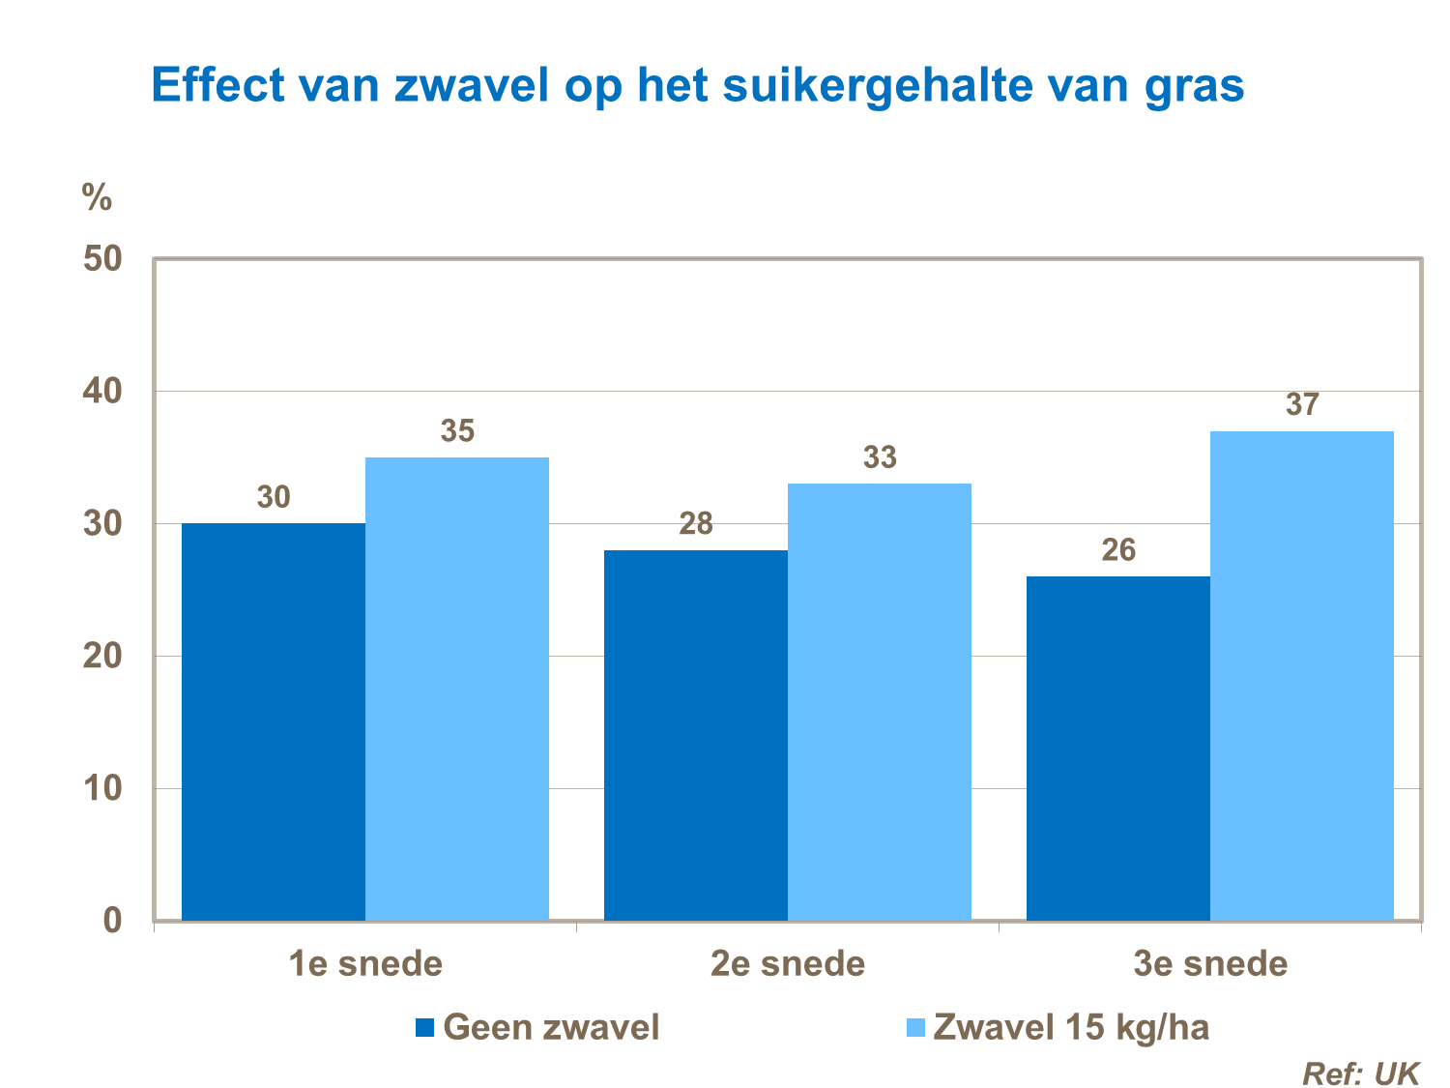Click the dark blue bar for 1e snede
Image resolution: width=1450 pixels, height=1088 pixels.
(x=274, y=721)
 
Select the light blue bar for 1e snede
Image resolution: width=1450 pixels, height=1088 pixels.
(x=457, y=689)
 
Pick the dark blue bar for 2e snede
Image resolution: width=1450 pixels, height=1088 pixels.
(x=696, y=735)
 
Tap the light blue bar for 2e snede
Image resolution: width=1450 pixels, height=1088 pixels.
(x=880, y=702)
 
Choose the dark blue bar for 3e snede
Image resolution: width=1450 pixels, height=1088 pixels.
(x=1118, y=748)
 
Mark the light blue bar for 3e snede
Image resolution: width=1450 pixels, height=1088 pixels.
(x=1302, y=675)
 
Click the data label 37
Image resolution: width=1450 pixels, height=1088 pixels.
(x=1302, y=404)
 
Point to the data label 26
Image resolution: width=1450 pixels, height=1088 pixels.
(x=1118, y=550)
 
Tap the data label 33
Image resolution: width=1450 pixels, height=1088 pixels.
(x=880, y=457)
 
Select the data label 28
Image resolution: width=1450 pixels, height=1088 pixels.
(x=696, y=524)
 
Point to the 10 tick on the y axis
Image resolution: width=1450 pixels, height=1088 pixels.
(x=102, y=788)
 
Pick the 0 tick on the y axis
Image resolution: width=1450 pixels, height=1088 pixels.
(x=113, y=920)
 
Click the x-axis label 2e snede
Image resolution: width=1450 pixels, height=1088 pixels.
(x=788, y=964)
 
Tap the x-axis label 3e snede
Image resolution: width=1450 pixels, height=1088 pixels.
(x=1210, y=964)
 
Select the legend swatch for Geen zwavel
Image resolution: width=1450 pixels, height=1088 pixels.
(x=424, y=1027)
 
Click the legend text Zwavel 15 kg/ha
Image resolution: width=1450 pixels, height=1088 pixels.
(x=1071, y=1027)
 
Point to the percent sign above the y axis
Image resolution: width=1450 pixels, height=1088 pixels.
(x=97, y=197)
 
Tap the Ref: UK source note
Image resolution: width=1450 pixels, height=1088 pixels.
(x=1361, y=1073)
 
